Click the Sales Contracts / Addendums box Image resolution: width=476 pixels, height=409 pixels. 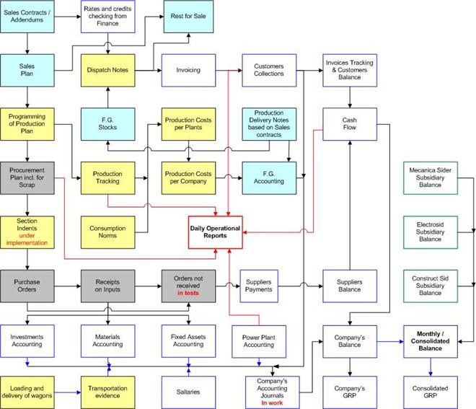coord(27,17)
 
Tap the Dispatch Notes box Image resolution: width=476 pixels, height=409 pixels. coord(107,70)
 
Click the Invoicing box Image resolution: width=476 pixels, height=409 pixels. coord(188,70)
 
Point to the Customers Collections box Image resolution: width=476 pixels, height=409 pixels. coord(269,70)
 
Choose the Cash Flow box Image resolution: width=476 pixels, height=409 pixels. coord(350,123)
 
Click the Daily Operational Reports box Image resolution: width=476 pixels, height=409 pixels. coord(215,232)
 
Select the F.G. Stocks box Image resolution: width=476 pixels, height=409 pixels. coord(107,123)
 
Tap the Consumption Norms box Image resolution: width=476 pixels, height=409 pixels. coord(107,232)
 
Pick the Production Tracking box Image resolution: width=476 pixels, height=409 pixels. coord(107,177)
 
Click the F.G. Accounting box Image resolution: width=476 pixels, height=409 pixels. coord(269,177)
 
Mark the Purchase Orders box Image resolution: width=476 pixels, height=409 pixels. coord(27,286)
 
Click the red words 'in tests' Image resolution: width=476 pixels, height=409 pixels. coord(188,294)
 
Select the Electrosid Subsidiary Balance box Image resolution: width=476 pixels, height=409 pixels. coord(430,232)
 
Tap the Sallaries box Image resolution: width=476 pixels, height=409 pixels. coord(188,392)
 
